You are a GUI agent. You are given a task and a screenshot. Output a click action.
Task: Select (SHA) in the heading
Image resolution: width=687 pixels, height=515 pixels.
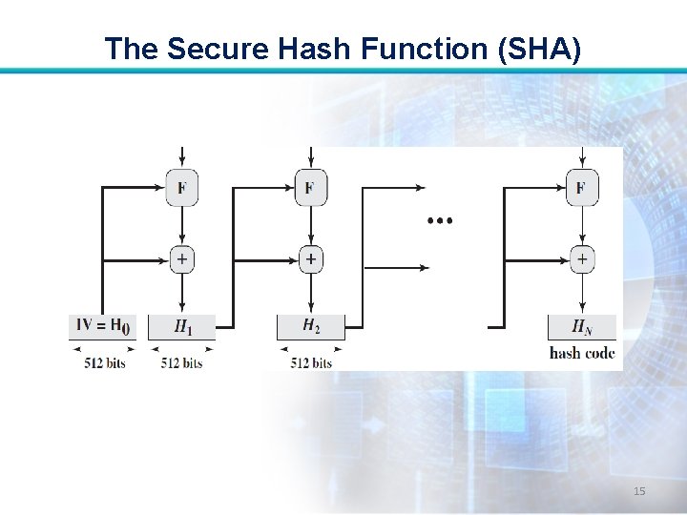click(x=537, y=49)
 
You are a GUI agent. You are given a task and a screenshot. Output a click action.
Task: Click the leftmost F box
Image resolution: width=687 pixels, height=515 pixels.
click(x=181, y=187)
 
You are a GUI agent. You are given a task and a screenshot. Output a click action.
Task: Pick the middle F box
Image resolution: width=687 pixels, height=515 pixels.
click(x=310, y=187)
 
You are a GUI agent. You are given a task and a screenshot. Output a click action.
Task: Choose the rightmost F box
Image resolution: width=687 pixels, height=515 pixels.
click(x=580, y=187)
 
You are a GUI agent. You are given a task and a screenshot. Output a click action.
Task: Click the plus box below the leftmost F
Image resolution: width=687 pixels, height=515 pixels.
click(x=181, y=258)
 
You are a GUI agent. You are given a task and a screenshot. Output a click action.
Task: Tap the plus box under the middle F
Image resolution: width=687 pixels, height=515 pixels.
click(x=310, y=258)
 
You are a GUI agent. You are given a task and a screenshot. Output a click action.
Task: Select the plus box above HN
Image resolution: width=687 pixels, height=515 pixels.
click(x=580, y=258)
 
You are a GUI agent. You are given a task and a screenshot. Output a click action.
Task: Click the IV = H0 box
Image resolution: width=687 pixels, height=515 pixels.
click(x=103, y=326)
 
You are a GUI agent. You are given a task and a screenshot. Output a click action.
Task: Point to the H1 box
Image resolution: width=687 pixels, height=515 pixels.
click(x=181, y=327)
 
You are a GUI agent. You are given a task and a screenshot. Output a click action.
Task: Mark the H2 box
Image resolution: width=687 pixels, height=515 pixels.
click(x=311, y=327)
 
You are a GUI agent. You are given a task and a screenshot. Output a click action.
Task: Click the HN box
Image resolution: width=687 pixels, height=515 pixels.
click(x=581, y=327)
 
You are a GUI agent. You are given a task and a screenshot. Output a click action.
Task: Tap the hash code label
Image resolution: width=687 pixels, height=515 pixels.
click(x=582, y=354)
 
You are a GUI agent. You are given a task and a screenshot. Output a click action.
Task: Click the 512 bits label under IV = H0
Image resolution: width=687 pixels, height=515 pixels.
click(x=103, y=362)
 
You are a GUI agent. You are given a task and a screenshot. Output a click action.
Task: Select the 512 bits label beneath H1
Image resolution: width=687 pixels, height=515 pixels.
click(x=181, y=362)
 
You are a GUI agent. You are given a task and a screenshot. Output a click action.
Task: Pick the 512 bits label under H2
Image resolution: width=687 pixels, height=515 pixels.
click(x=311, y=362)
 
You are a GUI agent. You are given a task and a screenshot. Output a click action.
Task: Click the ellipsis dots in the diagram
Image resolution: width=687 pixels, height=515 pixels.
click(x=440, y=221)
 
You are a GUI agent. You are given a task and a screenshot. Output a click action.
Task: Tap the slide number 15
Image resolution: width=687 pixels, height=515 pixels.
click(x=639, y=491)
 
